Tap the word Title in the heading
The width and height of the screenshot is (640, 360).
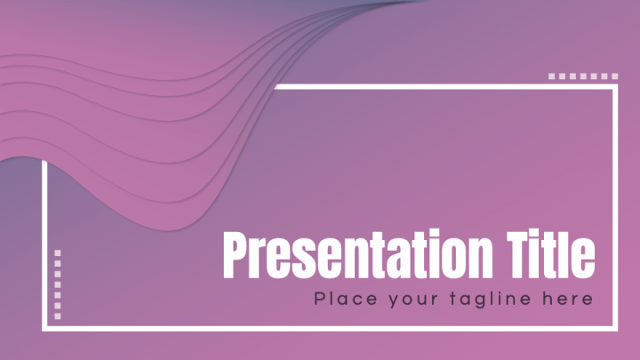tap(550, 254)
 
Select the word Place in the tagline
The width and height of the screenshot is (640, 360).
tap(346, 299)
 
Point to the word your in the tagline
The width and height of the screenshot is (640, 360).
tap(413, 300)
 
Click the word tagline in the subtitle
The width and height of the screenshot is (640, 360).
tap(490, 300)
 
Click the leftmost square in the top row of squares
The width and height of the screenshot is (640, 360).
tap(551, 76)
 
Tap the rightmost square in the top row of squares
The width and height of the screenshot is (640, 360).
tap(615, 76)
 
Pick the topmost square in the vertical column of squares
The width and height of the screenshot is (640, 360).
tap(58, 253)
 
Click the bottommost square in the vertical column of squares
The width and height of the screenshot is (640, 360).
tap(58, 316)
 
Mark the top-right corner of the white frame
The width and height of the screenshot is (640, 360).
tap(615, 86)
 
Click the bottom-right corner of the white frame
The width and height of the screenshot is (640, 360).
tap(615, 329)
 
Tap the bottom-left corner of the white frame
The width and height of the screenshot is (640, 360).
tap(45, 329)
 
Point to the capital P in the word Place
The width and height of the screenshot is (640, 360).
tap(319, 299)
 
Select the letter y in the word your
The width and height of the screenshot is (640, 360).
tap(394, 301)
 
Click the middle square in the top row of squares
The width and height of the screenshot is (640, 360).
tap(583, 76)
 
